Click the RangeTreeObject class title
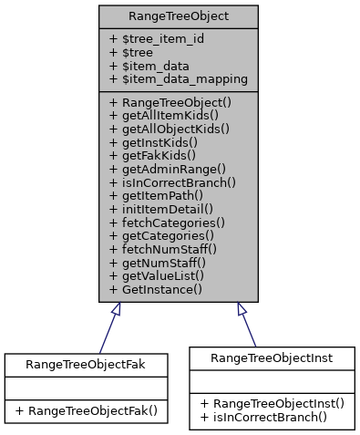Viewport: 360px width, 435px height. point(179,16)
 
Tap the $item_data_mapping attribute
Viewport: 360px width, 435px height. point(178,79)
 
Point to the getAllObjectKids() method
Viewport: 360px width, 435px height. point(169,129)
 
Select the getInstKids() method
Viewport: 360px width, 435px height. point(153,142)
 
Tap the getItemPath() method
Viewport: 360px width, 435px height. point(156,195)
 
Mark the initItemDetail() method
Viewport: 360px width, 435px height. point(159,209)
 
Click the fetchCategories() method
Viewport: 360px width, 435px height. point(166,222)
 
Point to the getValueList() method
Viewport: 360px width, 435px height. point(156,274)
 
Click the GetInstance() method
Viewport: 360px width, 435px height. point(155,288)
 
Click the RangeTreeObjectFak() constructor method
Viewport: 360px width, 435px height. point(87,410)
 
